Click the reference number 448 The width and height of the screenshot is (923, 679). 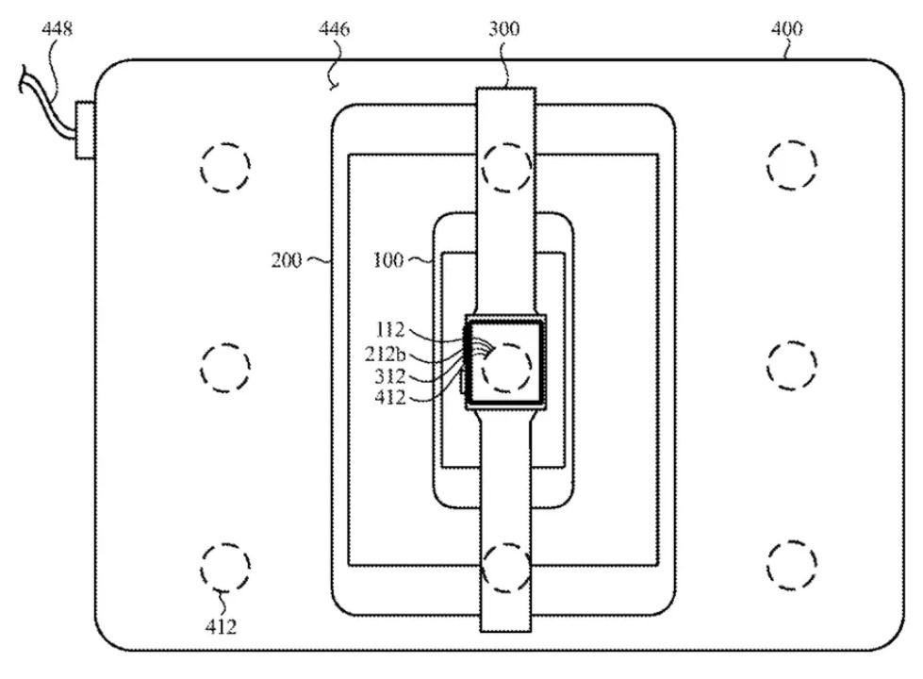coord(58,28)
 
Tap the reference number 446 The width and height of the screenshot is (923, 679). coord(334,28)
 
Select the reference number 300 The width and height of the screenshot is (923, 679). coord(503,28)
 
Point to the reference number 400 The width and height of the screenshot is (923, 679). coord(786,28)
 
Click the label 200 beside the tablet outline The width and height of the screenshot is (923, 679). coord(287,259)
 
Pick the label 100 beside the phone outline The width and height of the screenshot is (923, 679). coord(388,259)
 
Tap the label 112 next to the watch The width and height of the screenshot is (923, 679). coord(390,330)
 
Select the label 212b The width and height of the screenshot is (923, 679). coord(385,354)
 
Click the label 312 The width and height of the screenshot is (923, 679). coord(390,375)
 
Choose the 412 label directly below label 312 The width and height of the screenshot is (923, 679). coord(390,398)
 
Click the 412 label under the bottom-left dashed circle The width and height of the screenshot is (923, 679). coord(221,626)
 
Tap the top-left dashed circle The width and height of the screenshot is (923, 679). coord(225,143)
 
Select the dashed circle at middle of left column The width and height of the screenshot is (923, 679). coord(225,344)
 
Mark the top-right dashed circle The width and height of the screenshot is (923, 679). coord(792,141)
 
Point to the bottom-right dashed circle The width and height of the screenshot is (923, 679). coord(792,541)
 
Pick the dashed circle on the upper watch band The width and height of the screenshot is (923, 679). coord(506,143)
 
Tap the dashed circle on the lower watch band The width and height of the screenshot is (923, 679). coord(506,543)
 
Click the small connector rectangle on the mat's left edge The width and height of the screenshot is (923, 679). coord(85,130)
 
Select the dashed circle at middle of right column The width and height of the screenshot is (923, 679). coord(792,342)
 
